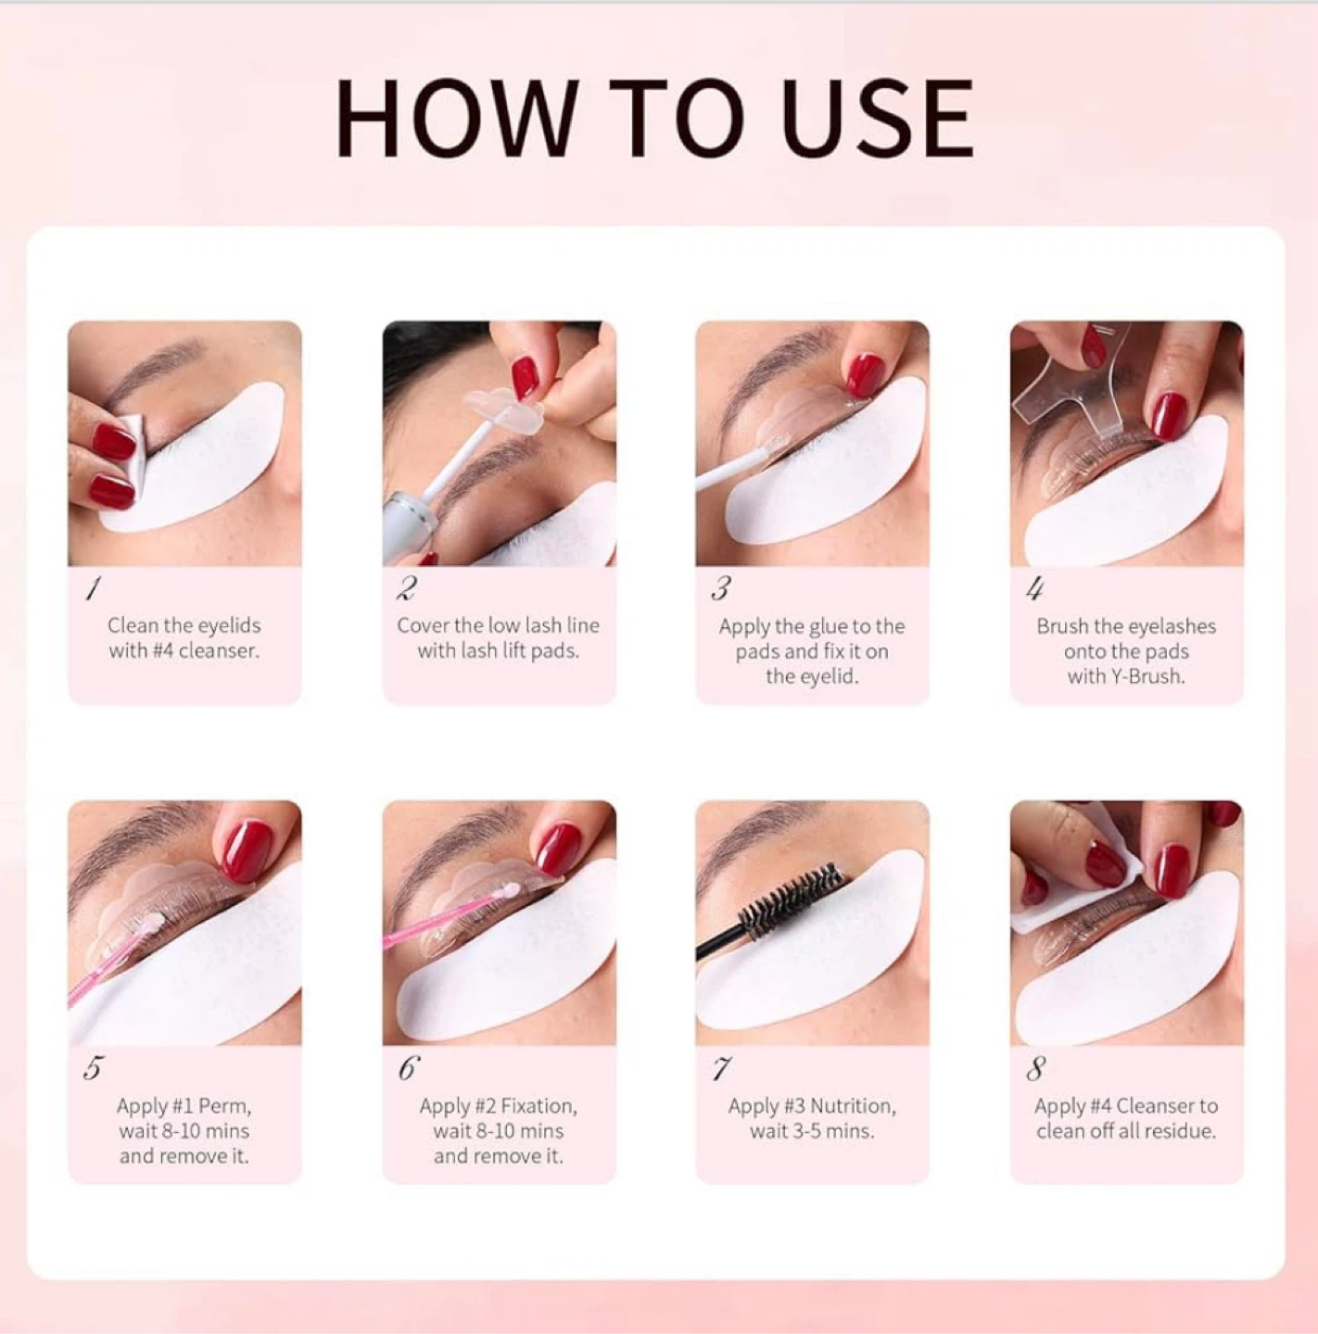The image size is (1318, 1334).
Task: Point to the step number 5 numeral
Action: coord(92,1069)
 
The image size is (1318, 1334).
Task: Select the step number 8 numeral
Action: coord(1034,1069)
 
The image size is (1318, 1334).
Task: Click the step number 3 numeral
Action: coord(721,589)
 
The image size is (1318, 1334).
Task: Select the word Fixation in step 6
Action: coord(539,1106)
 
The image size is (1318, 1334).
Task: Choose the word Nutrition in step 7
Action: coord(853,1106)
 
